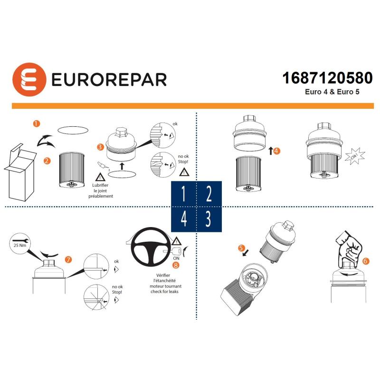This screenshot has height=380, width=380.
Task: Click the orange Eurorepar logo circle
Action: (x=28, y=79)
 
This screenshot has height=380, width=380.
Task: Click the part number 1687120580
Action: (x=327, y=78)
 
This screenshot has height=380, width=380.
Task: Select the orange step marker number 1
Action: (x=37, y=123)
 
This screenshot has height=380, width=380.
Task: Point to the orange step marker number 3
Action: (x=100, y=147)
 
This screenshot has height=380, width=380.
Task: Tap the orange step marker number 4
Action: (x=277, y=151)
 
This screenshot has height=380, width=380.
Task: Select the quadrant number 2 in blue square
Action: (x=209, y=195)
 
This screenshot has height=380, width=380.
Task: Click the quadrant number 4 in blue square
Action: (x=183, y=219)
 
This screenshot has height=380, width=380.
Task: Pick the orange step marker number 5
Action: (x=241, y=248)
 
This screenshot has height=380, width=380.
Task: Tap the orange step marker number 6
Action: (x=365, y=261)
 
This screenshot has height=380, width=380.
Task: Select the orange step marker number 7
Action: (x=69, y=259)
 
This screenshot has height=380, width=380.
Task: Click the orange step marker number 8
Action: (x=176, y=265)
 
